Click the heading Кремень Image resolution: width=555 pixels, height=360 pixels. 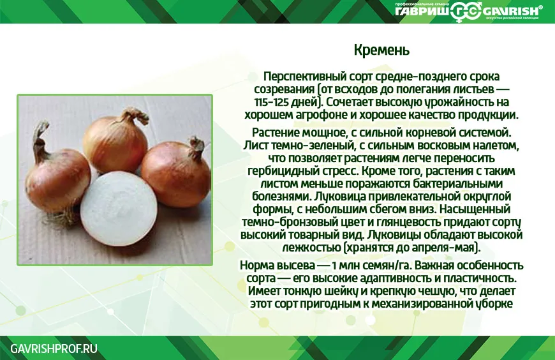(381, 50)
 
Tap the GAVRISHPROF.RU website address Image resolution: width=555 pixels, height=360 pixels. (54, 349)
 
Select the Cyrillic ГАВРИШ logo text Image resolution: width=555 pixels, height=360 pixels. (422, 11)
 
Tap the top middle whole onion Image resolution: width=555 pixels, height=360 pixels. (117, 141)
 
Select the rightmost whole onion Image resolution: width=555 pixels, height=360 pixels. (176, 172)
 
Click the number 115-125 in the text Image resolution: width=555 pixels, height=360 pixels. (270, 102)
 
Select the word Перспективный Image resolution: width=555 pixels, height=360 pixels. (305, 77)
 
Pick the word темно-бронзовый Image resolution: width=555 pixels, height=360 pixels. (289, 222)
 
